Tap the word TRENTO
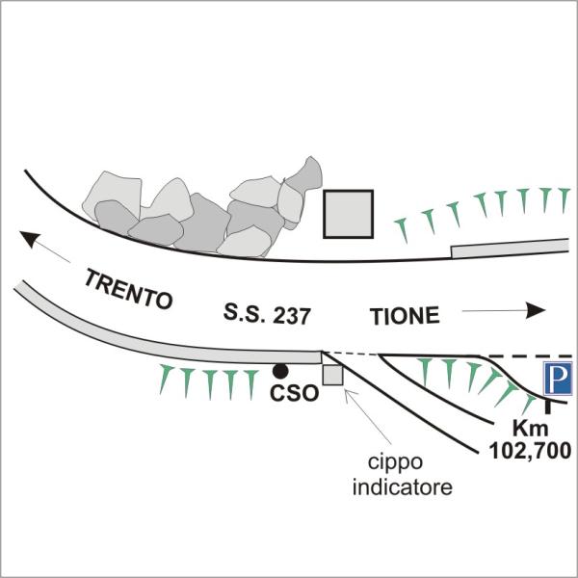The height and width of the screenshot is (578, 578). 127,289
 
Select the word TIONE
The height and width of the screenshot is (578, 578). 405,315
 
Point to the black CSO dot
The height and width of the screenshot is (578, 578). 279,370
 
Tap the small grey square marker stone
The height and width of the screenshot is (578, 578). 332,376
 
